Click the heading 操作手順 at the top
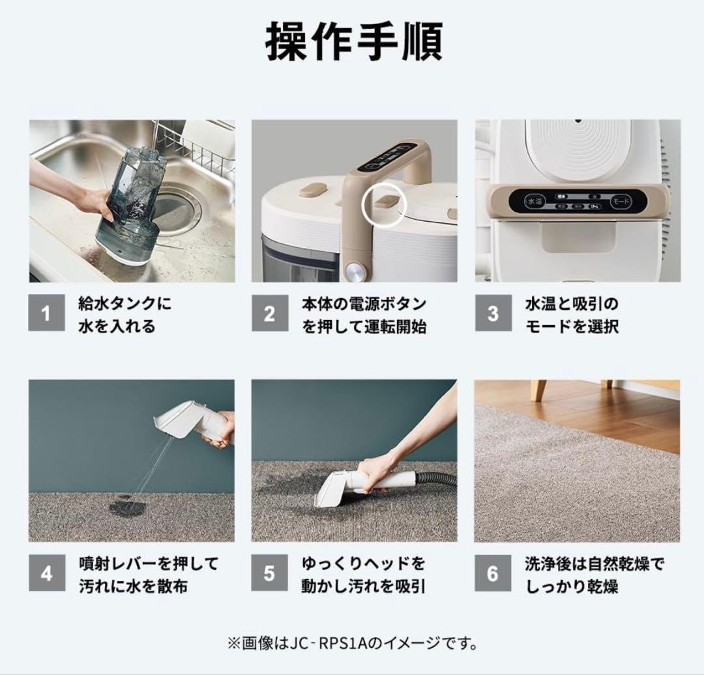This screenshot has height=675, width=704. point(354,44)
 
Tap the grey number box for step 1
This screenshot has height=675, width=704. point(46,314)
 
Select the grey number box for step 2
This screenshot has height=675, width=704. point(269,314)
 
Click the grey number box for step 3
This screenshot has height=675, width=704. point(493,314)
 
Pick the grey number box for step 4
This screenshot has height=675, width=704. point(46,574)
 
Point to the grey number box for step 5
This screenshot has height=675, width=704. point(269,574)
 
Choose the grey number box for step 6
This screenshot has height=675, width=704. point(493,574)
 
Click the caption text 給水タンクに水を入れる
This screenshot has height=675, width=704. point(125,314)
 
